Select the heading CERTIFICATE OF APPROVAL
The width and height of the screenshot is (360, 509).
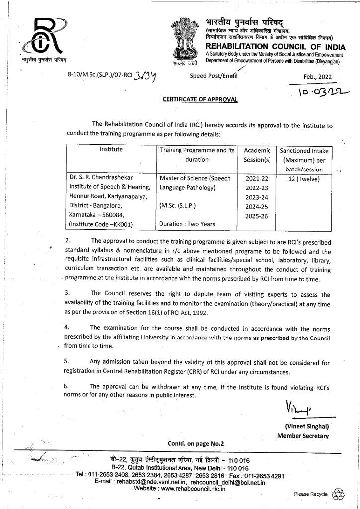pos(200,99)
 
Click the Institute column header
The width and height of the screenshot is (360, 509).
pos(111,149)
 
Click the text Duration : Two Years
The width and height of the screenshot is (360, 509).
pos(185,224)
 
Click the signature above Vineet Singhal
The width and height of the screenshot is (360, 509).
pos(298,409)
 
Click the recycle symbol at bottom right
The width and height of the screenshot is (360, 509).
pos(338,493)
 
